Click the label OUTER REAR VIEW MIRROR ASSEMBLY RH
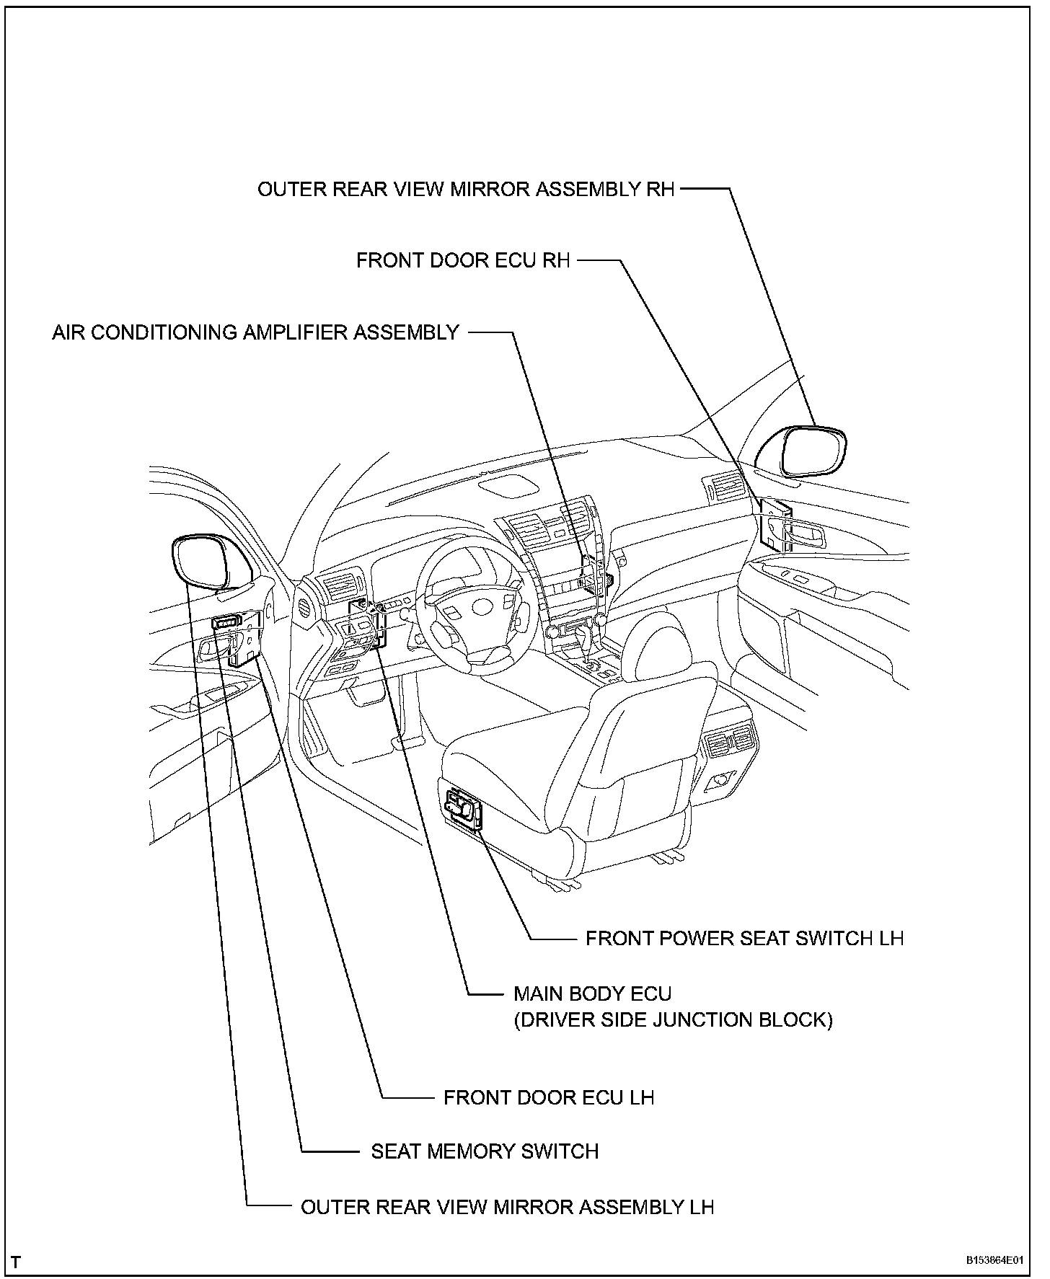click(x=466, y=190)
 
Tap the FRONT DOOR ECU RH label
click(x=463, y=260)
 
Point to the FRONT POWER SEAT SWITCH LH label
click(x=744, y=938)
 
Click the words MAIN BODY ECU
click(x=592, y=993)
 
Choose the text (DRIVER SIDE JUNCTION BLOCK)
click(x=673, y=1020)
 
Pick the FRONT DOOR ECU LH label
click(x=549, y=1097)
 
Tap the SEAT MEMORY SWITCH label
click(x=485, y=1151)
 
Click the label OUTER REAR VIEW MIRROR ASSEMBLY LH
click(x=507, y=1207)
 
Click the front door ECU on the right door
click(x=775, y=523)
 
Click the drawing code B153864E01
click(x=995, y=1261)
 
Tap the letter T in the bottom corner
click(x=16, y=1262)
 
